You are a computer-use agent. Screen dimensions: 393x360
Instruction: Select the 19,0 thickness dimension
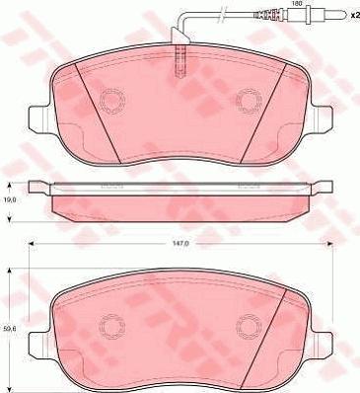[9, 197]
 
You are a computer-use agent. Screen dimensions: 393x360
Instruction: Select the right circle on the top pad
[247, 102]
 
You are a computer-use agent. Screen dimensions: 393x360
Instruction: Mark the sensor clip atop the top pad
[179, 56]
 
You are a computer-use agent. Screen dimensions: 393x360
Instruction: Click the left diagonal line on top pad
[99, 114]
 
